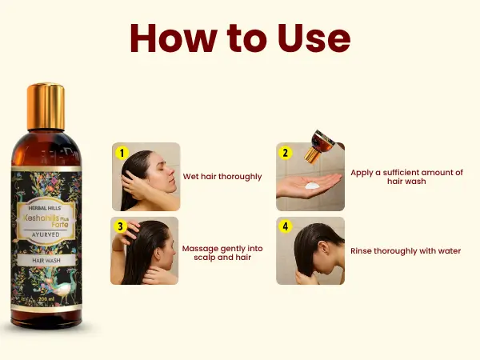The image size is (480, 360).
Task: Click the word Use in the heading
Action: click(314, 38)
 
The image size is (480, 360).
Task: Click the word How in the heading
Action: click(174, 38)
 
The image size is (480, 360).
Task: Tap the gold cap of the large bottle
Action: click(46, 106)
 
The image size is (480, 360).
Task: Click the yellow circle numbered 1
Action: click(122, 153)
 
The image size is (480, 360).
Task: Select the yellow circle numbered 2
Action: click(286, 153)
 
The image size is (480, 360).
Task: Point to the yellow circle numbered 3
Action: click(120, 226)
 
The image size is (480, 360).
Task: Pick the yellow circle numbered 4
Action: click(286, 226)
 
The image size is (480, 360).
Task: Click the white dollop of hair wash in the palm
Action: click(312, 186)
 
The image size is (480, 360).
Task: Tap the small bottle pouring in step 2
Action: click(322, 145)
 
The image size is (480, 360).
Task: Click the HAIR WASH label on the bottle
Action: click(46, 261)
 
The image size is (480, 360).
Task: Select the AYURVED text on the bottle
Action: click(46, 234)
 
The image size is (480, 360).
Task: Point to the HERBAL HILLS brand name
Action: click(45, 208)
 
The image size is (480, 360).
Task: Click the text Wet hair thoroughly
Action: click(222, 177)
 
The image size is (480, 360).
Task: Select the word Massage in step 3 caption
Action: click(200, 249)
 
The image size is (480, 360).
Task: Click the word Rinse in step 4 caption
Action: click(361, 251)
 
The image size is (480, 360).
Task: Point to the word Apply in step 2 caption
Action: click(362, 174)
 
